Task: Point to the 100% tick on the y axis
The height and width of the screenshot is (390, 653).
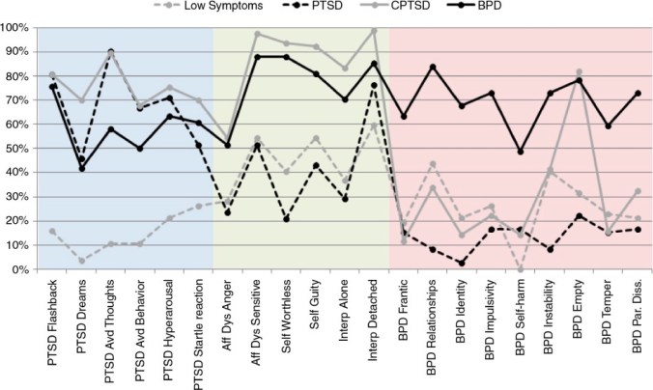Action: [15, 27]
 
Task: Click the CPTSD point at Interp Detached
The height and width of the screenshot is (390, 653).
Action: [374, 31]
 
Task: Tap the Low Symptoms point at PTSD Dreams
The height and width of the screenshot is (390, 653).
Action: [82, 261]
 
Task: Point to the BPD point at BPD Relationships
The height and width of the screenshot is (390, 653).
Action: [433, 67]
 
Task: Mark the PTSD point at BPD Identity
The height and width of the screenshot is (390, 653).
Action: [462, 263]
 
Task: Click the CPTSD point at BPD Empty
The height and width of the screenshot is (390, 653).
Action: [579, 71]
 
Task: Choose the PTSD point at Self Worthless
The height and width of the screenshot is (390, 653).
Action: [287, 219]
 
